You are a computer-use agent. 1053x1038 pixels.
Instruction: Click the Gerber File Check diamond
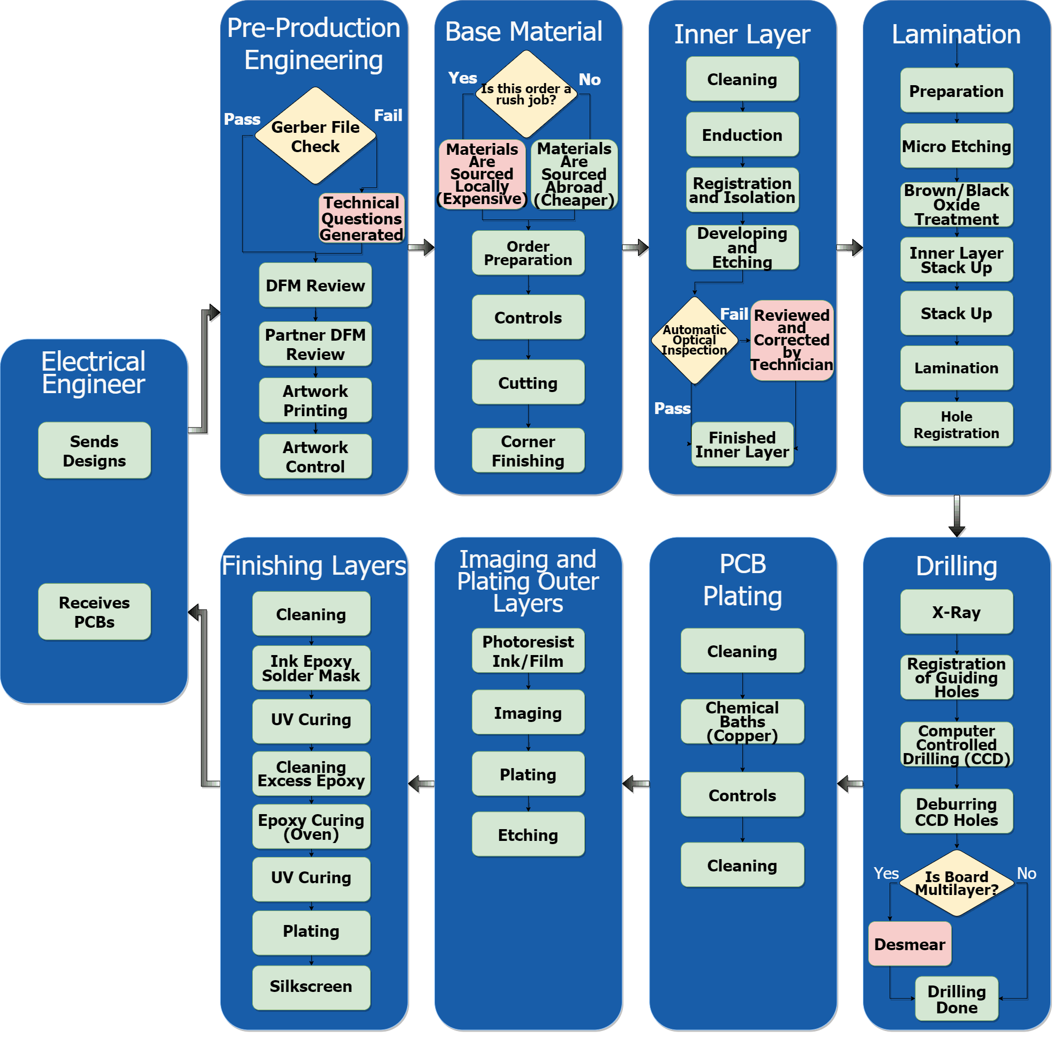[315, 136]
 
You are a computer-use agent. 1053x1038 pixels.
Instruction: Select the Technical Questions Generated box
[362, 218]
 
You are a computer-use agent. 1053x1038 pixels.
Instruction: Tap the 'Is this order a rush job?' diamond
[525, 94]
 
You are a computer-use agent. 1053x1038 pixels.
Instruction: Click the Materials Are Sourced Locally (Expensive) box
[482, 174]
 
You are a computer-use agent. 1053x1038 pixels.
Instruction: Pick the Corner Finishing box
[528, 451]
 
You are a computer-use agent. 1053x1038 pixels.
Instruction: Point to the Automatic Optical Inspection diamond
[694, 340]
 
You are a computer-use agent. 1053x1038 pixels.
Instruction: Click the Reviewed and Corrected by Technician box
[792, 340]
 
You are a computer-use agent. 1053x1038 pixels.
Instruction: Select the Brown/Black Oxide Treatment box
[956, 205]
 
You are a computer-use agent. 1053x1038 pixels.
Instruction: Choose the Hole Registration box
[956, 425]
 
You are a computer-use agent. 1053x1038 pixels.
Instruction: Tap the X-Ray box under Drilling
[956, 612]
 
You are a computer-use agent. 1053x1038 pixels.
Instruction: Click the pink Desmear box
[909, 944]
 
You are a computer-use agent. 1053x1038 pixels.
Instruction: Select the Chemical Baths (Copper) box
[742, 722]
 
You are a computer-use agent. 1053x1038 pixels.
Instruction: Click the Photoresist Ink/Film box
[528, 651]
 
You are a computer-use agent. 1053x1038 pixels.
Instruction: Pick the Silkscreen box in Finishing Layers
[311, 986]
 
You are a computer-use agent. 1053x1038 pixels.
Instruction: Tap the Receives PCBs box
[94, 612]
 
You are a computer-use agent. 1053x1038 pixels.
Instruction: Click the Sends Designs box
[94, 451]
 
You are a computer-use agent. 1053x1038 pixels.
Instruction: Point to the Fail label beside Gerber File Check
[388, 116]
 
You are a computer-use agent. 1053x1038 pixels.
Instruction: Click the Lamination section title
[956, 34]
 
